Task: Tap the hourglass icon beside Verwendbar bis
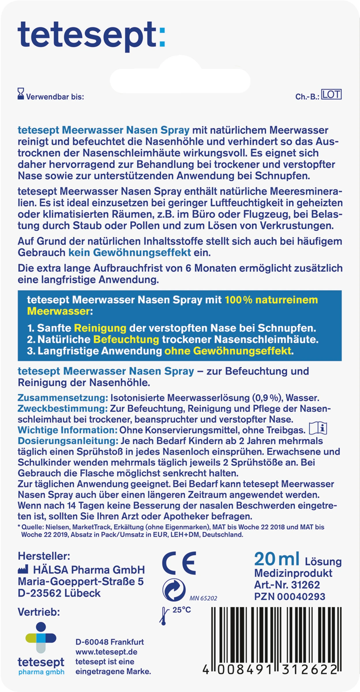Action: click(21, 94)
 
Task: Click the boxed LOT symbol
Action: click(331, 94)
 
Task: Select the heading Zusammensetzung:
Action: click(63, 398)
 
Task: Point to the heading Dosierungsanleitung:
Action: click(68, 441)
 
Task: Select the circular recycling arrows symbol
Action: click(174, 590)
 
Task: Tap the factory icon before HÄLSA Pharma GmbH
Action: click(23, 570)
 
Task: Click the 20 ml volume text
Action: click(277, 559)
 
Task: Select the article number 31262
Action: click(305, 585)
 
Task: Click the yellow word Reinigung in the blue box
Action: click(100, 328)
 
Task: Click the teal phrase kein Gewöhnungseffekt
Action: click(130, 253)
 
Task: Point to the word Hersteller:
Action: click(44, 556)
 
